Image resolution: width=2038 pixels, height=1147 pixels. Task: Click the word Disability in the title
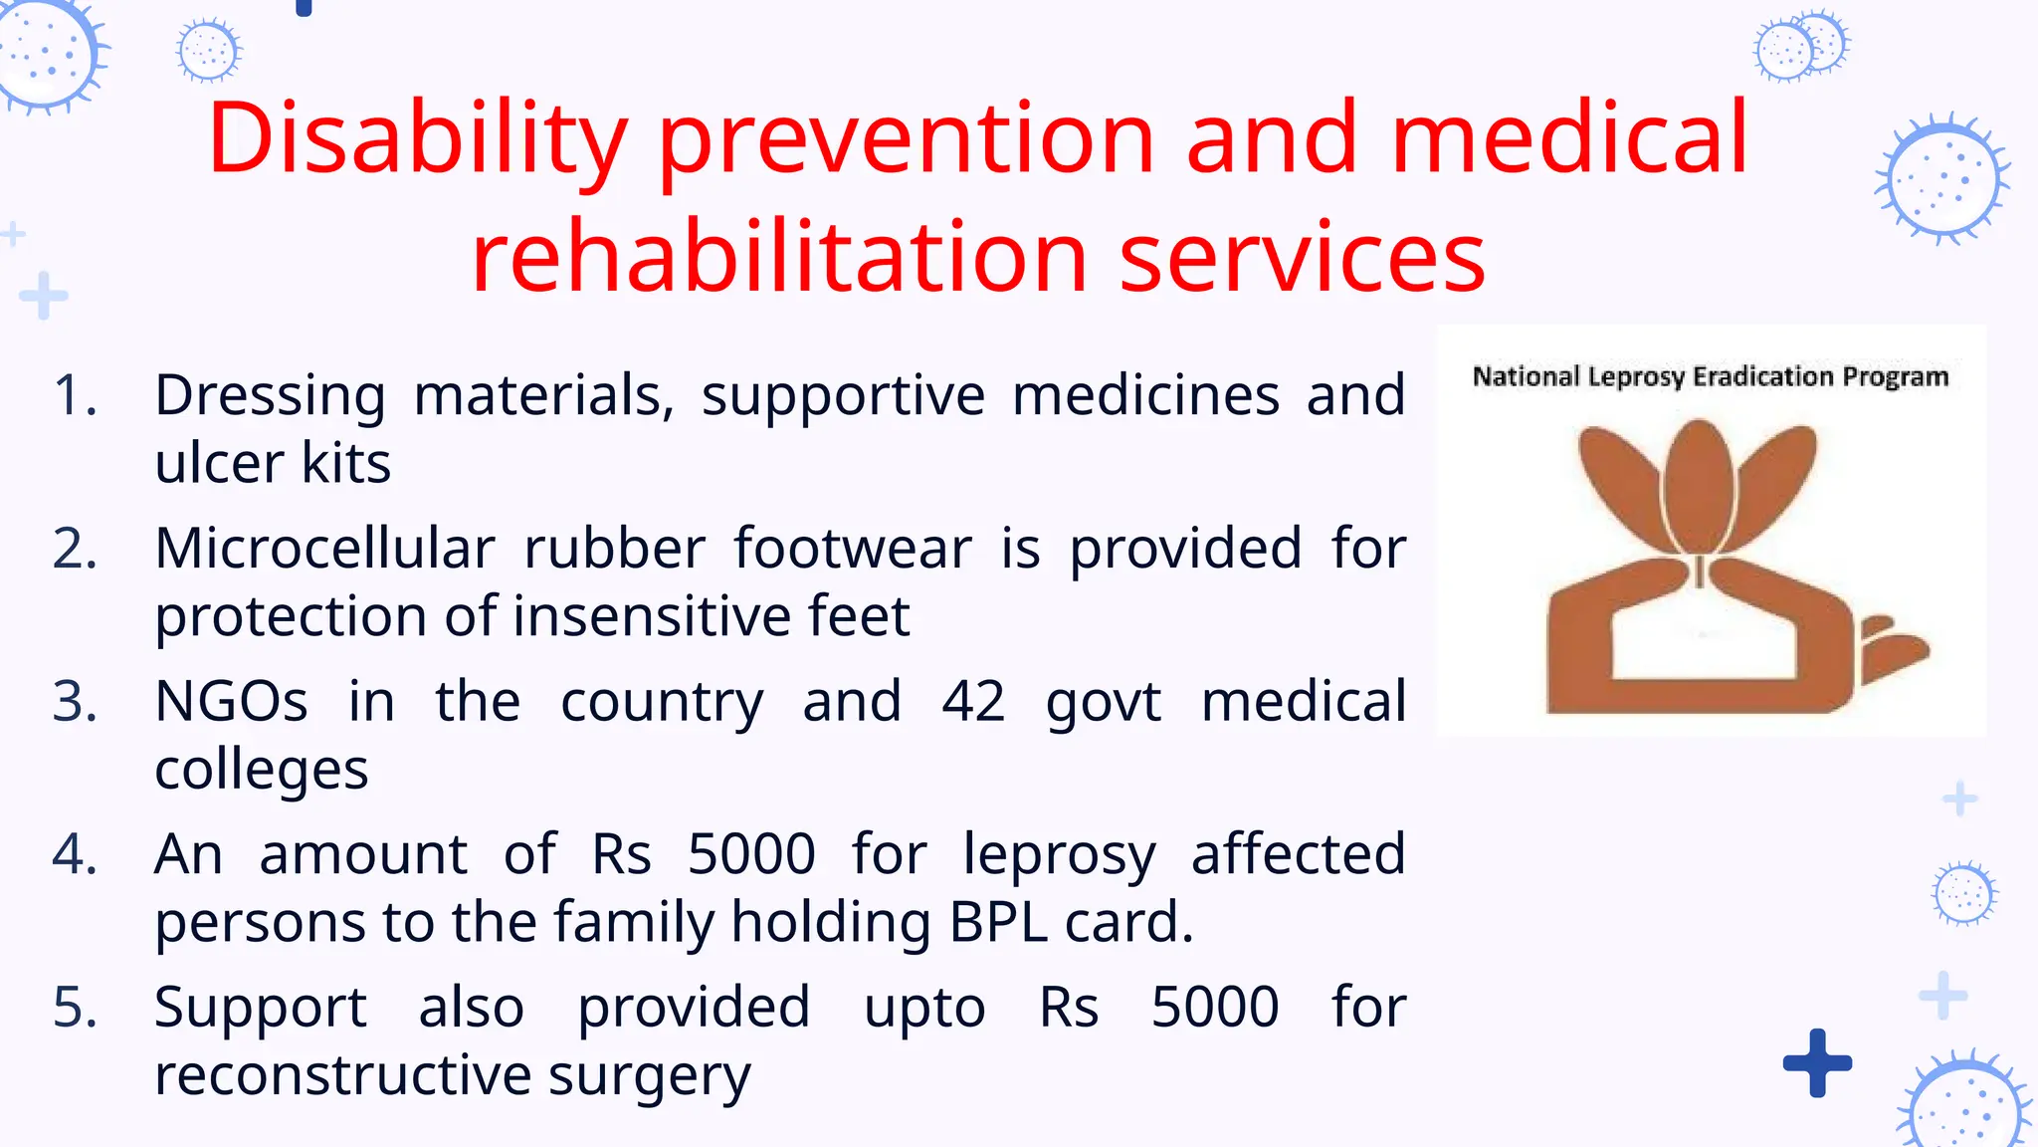click(x=417, y=139)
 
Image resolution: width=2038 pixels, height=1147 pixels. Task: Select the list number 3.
click(x=76, y=702)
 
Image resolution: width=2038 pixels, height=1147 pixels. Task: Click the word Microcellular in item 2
click(x=324, y=549)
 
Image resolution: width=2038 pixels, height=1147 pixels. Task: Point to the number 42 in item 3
click(x=973, y=702)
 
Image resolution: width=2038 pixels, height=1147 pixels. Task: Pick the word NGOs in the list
click(x=231, y=702)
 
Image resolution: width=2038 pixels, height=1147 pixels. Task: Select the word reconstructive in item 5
click(x=337, y=1075)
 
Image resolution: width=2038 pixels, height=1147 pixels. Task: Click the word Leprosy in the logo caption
click(x=1636, y=377)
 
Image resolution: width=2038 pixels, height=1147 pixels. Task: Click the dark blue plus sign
click(x=1817, y=1062)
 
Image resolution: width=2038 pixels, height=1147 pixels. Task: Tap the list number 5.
click(x=76, y=1008)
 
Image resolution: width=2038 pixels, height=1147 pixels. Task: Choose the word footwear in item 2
click(x=853, y=549)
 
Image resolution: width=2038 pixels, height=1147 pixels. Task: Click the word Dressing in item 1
click(x=270, y=396)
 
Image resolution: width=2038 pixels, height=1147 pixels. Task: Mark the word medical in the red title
click(x=1568, y=139)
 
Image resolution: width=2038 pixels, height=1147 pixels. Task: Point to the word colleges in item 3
click(x=261, y=771)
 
